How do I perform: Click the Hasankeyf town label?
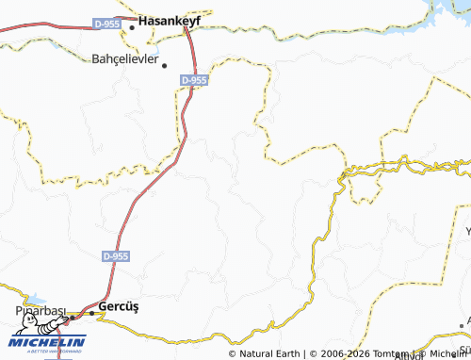183,18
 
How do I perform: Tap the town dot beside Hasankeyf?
132,26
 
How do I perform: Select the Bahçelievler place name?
126,58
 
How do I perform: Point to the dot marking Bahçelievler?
165,65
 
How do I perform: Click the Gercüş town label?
119,307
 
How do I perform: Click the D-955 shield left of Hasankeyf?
106,24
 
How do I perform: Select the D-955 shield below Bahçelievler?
193,81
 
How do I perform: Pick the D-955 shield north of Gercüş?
117,255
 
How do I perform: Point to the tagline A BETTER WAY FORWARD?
47,351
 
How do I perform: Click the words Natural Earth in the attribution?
270,354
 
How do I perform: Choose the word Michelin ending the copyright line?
447,354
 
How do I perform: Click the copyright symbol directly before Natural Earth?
233,354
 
